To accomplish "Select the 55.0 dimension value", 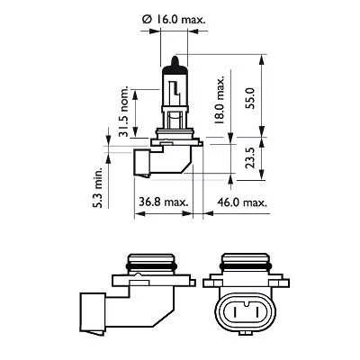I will tap(262, 94).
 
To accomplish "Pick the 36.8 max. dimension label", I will tap(163, 202).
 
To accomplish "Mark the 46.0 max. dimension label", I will tap(243, 202).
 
